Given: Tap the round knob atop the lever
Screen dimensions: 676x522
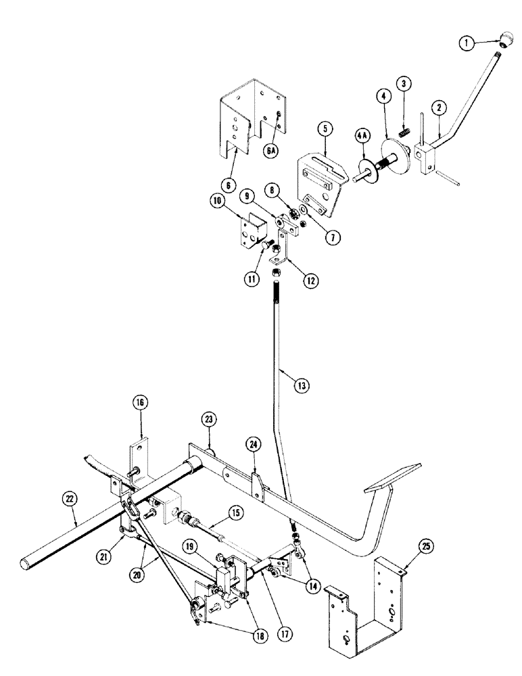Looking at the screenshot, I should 506,37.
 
